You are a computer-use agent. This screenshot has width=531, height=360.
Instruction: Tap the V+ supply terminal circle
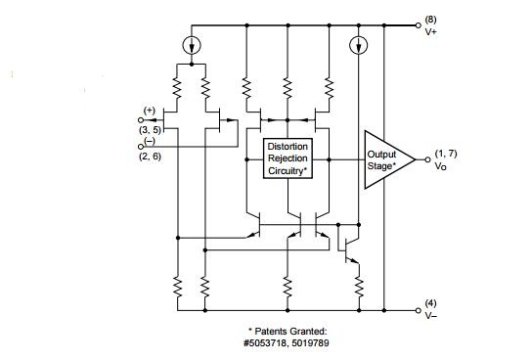tap(419, 25)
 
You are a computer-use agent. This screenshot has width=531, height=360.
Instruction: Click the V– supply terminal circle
tap(419, 310)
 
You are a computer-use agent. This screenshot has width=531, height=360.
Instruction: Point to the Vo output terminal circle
tap(427, 159)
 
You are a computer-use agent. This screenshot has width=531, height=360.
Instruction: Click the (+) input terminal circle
tap(141, 120)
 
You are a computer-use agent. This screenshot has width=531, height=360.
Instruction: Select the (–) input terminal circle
tap(141, 147)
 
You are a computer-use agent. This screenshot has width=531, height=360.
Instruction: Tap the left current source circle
tap(192, 45)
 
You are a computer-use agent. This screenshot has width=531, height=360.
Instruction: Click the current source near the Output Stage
tap(358, 45)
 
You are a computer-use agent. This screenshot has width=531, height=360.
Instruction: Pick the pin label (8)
tap(430, 20)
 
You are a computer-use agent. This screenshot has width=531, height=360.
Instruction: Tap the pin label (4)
tap(430, 303)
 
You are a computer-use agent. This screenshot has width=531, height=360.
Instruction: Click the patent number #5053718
tap(264, 343)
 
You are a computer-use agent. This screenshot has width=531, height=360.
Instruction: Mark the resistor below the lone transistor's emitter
tap(359, 288)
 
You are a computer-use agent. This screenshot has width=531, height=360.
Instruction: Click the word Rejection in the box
tap(288, 158)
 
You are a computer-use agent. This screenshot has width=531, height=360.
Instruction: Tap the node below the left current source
tap(192, 64)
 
